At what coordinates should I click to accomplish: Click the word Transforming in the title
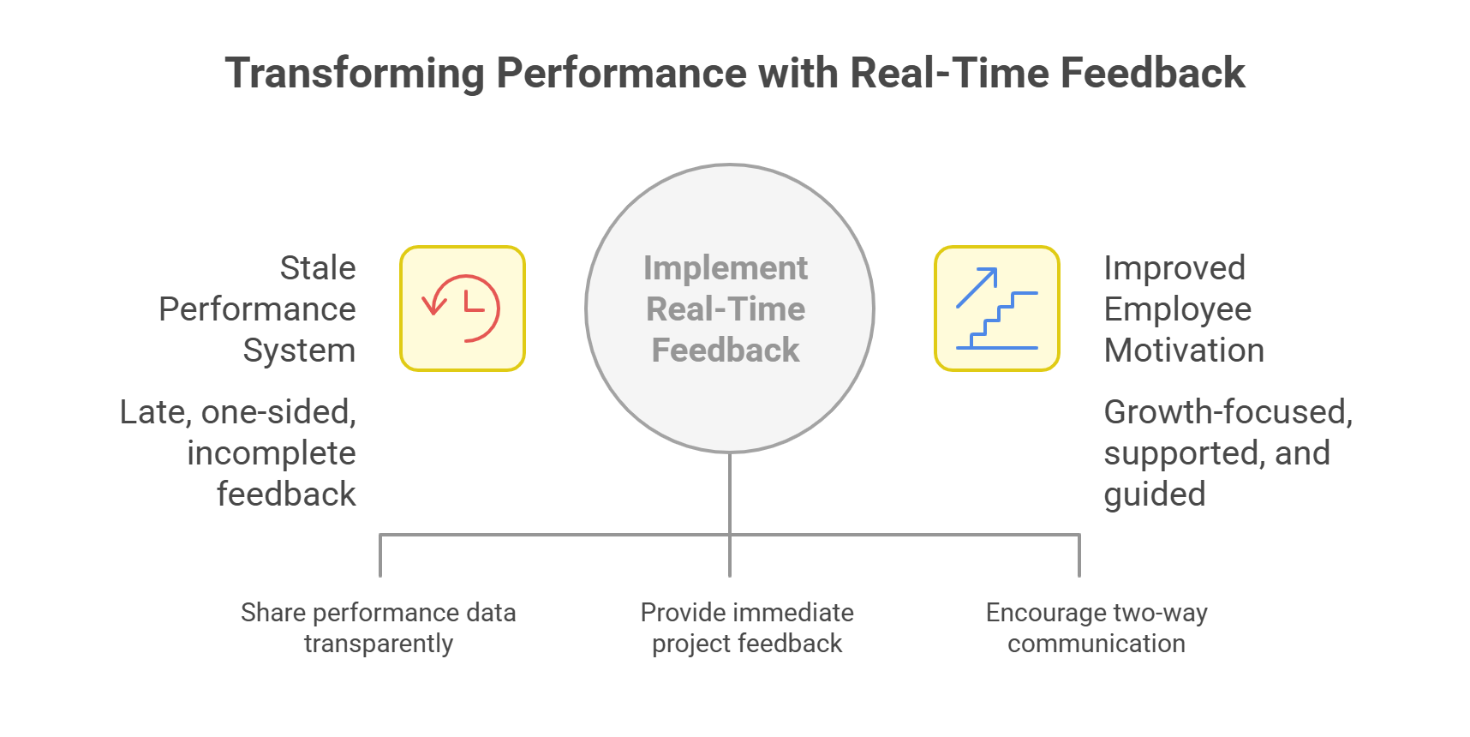pyautogui.click(x=354, y=74)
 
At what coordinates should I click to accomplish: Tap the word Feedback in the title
pyautogui.click(x=1152, y=74)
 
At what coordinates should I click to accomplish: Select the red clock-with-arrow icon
pyautogui.click(x=462, y=309)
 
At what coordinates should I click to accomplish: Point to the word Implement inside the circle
pyautogui.click(x=725, y=268)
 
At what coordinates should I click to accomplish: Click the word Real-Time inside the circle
pyautogui.click(x=725, y=309)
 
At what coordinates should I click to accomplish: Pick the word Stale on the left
pyautogui.click(x=317, y=268)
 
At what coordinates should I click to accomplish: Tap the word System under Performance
pyautogui.click(x=298, y=351)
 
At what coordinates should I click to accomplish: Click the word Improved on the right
pyautogui.click(x=1174, y=268)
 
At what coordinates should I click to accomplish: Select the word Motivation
pyautogui.click(x=1183, y=351)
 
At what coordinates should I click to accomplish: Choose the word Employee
pyautogui.click(x=1177, y=309)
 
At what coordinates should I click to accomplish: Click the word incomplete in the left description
pyautogui.click(x=271, y=453)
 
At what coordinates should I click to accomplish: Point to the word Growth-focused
pyautogui.click(x=1227, y=412)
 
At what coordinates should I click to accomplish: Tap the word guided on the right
pyautogui.click(x=1154, y=494)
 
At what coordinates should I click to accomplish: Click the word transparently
pyautogui.click(x=378, y=644)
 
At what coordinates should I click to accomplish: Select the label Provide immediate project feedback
pyautogui.click(x=747, y=628)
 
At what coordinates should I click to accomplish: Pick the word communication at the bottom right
pyautogui.click(x=1096, y=644)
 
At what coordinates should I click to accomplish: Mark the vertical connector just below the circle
pyautogui.click(x=730, y=493)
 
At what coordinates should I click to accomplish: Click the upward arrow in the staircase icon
pyautogui.click(x=977, y=287)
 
